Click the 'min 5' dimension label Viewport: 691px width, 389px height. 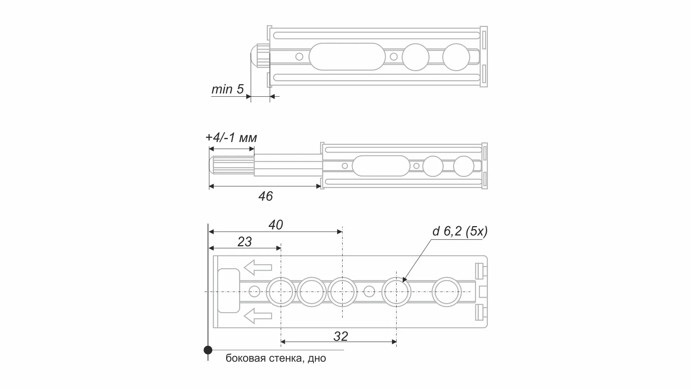pos(228,89)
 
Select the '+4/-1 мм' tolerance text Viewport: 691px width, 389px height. pos(231,138)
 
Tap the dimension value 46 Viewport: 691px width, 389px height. pos(265,196)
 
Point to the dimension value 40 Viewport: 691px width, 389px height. pos(275,225)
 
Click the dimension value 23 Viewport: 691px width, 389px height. pos(244,242)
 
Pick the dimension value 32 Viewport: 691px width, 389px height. pos(340,337)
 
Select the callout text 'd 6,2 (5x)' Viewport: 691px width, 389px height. pos(460,231)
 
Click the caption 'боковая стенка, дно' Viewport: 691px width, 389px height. pos(276,358)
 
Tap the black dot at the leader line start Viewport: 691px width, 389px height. pos(208,350)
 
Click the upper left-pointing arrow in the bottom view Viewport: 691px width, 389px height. pos(257,267)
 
